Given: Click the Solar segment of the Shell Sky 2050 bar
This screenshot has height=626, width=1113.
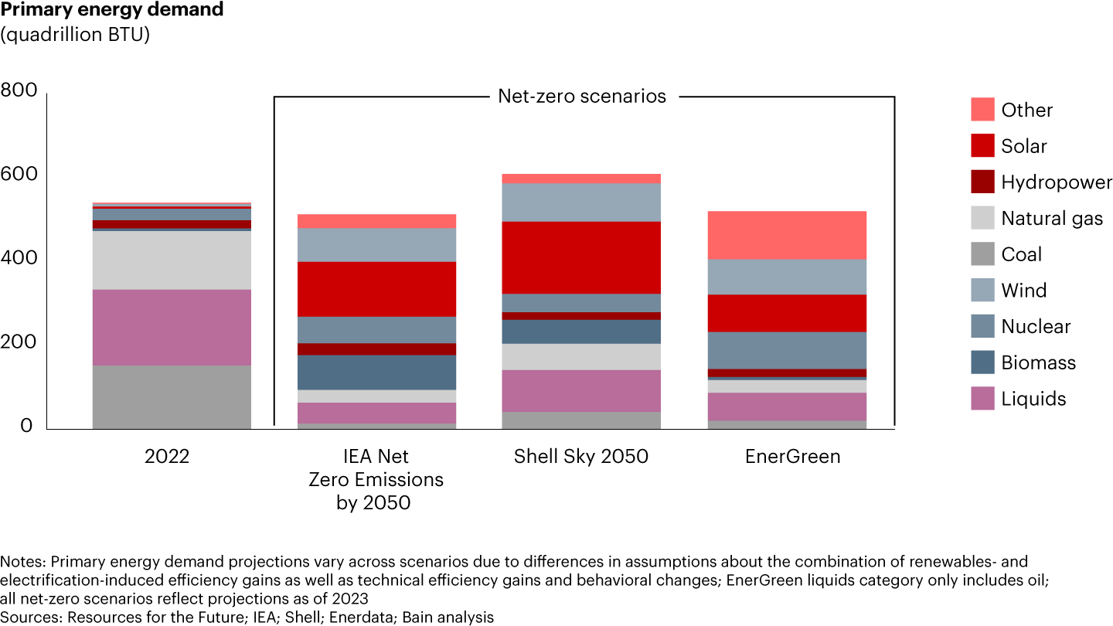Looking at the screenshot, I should (581, 257).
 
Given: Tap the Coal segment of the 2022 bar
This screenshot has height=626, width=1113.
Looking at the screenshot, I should (172, 396).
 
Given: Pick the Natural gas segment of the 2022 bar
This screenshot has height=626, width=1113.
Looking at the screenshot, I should (172, 260).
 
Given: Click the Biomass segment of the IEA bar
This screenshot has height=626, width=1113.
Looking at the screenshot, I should (376, 373).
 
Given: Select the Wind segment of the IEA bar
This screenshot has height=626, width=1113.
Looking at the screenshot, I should (376, 245).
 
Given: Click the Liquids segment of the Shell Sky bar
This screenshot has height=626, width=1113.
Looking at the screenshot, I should (581, 391).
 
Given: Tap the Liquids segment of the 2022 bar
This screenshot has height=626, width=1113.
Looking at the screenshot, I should (172, 328).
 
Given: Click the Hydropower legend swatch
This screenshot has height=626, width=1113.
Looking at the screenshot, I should (982, 182).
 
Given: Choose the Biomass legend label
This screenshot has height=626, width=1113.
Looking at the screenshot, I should (1038, 362).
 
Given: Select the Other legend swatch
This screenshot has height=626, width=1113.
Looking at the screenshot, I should (982, 110).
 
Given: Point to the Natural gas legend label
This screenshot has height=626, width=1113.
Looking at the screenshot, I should (1052, 219).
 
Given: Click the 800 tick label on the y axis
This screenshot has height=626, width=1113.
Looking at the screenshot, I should (19, 91).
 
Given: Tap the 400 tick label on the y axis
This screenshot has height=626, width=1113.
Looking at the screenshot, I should (19, 258).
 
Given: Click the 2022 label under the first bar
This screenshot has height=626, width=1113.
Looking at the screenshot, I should (167, 457).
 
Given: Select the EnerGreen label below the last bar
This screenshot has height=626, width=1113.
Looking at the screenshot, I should (792, 457).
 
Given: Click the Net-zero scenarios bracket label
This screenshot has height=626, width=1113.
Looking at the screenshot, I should (582, 97).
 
